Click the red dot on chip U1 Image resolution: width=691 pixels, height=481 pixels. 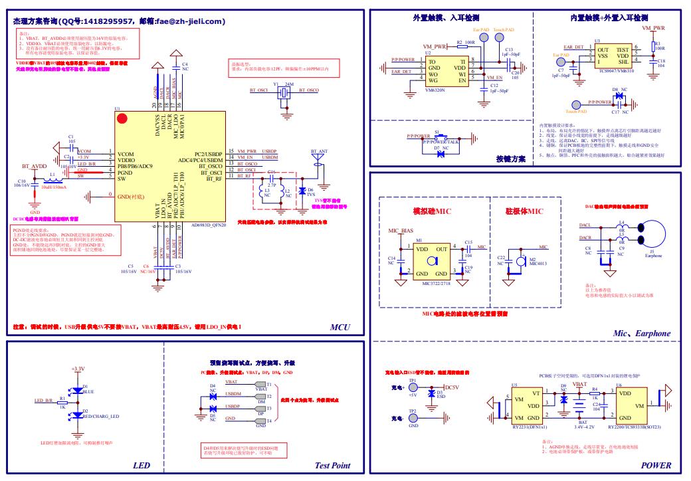(x=122, y=120)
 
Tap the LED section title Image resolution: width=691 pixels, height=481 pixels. (x=142, y=466)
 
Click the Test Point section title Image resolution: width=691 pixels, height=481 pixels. (x=332, y=466)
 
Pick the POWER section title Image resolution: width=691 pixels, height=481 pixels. (x=656, y=466)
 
